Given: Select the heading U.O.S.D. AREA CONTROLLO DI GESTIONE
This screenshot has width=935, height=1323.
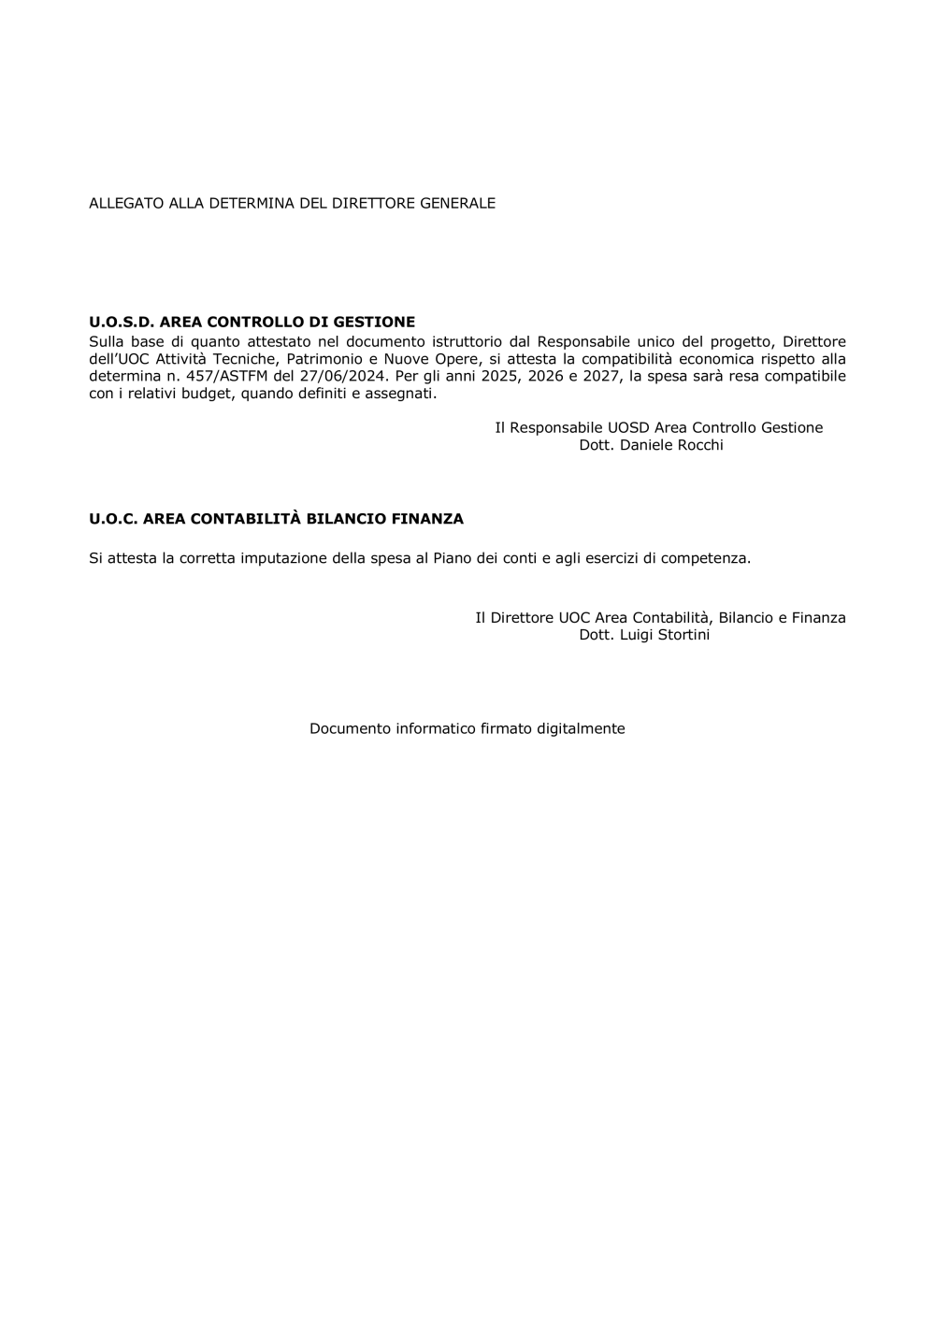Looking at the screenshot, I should point(252,323).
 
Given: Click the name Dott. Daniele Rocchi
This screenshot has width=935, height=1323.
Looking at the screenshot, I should point(651,445).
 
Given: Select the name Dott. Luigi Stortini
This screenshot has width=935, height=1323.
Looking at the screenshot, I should point(644,635).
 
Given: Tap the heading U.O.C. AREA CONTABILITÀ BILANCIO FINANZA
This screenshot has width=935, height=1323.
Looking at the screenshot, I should point(276,518).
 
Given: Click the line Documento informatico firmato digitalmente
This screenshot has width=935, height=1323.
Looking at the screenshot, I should point(467,728).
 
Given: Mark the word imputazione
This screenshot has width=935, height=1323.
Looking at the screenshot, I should point(284,558).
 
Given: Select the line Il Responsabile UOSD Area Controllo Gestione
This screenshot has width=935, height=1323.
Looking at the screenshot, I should point(658,427).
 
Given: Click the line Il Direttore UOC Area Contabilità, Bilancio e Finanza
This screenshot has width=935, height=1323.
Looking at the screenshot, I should point(660,617).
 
